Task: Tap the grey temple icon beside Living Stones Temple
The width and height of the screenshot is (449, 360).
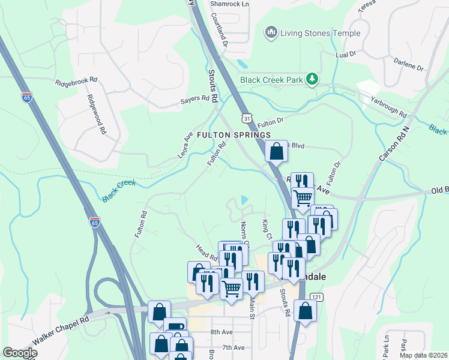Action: [x=271, y=33]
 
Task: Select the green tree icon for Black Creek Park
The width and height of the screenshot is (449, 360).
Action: [x=312, y=79]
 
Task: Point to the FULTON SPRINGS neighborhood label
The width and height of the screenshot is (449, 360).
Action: [x=232, y=135]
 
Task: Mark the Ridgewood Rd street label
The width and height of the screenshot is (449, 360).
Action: [x=96, y=114]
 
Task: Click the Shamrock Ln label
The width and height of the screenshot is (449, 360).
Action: [x=229, y=4]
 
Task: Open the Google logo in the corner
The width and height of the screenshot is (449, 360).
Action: [x=20, y=352]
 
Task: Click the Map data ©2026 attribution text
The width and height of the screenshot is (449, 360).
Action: [x=422, y=355]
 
